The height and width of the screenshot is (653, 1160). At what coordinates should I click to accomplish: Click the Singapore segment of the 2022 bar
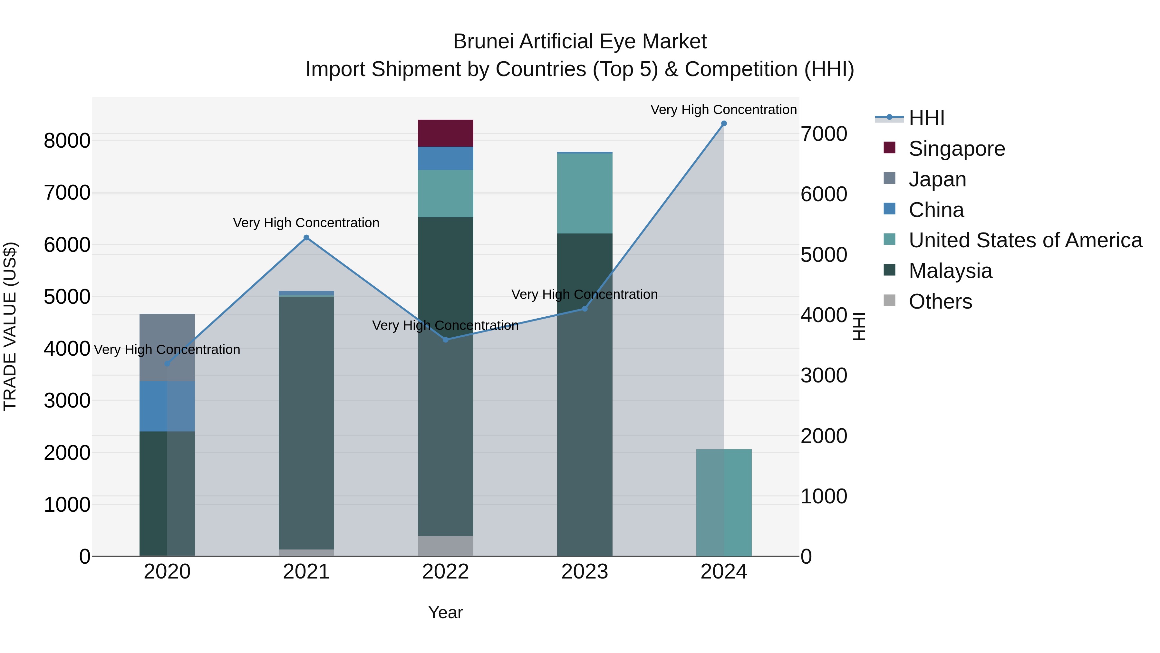pyautogui.click(x=445, y=134)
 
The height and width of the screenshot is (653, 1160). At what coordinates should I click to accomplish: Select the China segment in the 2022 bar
pyautogui.click(x=445, y=158)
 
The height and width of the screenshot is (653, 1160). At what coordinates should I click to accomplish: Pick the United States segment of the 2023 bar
pyautogui.click(x=585, y=193)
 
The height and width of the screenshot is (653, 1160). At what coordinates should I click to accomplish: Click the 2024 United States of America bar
pyautogui.click(x=724, y=502)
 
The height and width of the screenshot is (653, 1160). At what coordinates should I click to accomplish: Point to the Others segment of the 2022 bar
pyautogui.click(x=445, y=546)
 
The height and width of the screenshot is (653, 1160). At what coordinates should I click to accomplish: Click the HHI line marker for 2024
pyautogui.click(x=724, y=124)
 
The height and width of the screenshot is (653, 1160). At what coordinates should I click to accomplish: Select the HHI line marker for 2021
pyautogui.click(x=306, y=237)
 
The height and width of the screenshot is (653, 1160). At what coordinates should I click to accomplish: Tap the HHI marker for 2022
pyautogui.click(x=445, y=340)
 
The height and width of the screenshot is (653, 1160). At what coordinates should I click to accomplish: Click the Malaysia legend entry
pyautogui.click(x=950, y=271)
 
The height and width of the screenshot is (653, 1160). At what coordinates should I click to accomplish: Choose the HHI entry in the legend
pyautogui.click(x=926, y=118)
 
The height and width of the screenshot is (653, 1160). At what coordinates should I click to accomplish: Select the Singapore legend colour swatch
pyautogui.click(x=889, y=147)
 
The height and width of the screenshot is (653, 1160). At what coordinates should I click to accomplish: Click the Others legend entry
pyautogui.click(x=940, y=302)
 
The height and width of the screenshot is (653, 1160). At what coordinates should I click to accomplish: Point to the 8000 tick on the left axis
pyautogui.click(x=67, y=141)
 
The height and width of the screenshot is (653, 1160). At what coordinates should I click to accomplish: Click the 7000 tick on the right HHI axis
pyautogui.click(x=824, y=134)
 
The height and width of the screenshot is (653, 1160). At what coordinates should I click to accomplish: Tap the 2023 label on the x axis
pyautogui.click(x=585, y=572)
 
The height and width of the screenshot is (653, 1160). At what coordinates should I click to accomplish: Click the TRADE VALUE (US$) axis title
pyautogui.click(x=10, y=326)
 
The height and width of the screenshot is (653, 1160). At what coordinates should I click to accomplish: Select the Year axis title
pyautogui.click(x=445, y=612)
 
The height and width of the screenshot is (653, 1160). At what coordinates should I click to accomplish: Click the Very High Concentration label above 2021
pyautogui.click(x=306, y=223)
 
